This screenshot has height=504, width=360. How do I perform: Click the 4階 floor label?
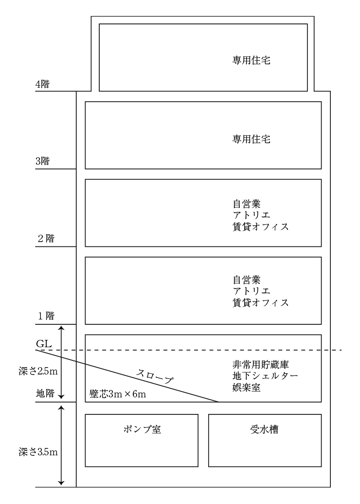point(42,85)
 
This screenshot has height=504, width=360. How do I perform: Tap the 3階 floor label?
point(42,161)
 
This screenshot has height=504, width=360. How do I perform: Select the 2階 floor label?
point(46,239)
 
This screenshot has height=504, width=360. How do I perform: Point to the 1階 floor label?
point(46,316)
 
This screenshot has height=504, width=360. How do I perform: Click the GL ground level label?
point(44,344)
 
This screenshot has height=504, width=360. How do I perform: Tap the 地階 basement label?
point(45,393)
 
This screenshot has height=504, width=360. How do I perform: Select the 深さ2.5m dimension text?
point(38,371)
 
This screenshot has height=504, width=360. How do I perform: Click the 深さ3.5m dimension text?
point(38,452)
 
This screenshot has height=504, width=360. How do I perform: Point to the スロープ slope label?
point(155,376)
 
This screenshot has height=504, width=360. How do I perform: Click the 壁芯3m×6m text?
point(118,394)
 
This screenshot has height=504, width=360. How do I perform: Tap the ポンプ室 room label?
point(142,429)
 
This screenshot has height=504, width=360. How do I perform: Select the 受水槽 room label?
point(264,429)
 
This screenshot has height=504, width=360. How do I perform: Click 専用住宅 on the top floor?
point(252,60)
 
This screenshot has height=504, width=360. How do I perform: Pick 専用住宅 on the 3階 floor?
point(252,139)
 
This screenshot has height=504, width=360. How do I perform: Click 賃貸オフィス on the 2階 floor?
point(261,226)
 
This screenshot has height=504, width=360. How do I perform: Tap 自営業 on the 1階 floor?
point(247,280)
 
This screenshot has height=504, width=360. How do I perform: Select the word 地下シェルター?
point(265,376)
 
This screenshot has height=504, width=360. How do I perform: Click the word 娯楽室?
point(247,387)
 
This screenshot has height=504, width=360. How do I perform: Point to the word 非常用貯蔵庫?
point(261,364)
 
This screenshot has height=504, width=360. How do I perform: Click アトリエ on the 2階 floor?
point(252,215)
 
